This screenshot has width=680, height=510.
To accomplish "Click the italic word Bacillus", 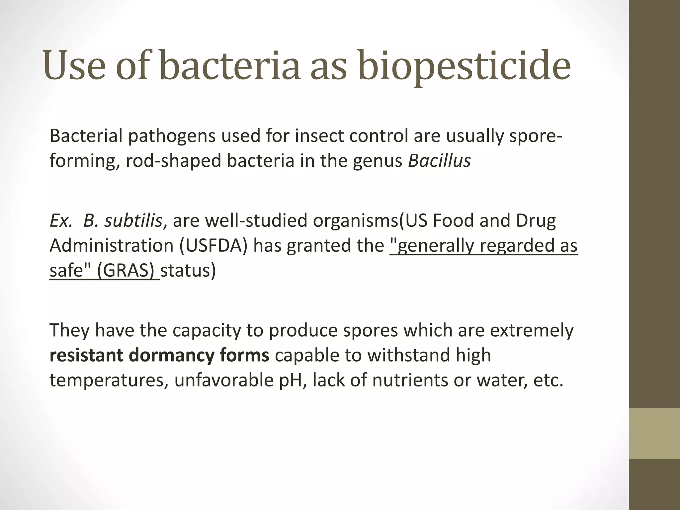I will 439,161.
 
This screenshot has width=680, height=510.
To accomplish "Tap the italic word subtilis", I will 133,220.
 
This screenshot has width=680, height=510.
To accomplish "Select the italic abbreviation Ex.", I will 61,220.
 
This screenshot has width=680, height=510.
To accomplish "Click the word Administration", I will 112,246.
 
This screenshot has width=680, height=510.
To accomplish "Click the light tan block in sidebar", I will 654,433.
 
